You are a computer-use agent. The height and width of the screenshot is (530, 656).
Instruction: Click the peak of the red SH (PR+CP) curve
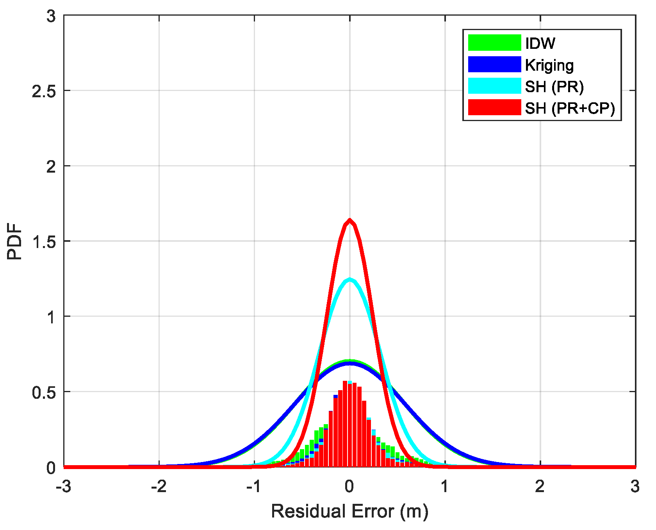[349, 221]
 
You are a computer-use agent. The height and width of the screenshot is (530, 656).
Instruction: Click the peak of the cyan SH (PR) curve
[349, 279]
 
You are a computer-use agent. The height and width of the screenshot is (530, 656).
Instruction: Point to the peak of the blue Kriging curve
[349, 363]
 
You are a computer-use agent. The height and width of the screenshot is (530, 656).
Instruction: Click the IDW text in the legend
[540, 43]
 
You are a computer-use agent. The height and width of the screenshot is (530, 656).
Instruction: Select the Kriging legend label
[549, 65]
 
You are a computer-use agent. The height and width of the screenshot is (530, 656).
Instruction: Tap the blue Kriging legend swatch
[494, 64]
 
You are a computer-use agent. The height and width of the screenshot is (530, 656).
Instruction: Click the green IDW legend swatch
[494, 43]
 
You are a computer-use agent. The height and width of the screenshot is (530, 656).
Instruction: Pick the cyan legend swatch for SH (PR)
[494, 86]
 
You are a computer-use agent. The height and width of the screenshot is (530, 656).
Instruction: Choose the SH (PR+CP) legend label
[570, 108]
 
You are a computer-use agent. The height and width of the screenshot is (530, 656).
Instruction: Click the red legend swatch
[494, 107]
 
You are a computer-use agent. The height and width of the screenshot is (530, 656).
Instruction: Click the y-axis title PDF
[15, 241]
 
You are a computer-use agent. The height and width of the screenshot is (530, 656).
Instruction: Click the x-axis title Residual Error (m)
[349, 511]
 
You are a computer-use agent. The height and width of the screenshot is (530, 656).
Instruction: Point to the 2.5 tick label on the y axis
[44, 91]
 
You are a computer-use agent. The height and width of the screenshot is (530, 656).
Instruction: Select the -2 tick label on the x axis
[159, 487]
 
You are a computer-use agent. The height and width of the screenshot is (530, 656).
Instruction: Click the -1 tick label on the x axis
[254, 487]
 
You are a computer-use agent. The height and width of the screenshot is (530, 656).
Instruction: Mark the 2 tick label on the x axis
[540, 487]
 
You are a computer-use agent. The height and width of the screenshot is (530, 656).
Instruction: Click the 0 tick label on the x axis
[349, 487]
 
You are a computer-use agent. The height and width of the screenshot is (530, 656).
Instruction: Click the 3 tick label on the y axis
[51, 16]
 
